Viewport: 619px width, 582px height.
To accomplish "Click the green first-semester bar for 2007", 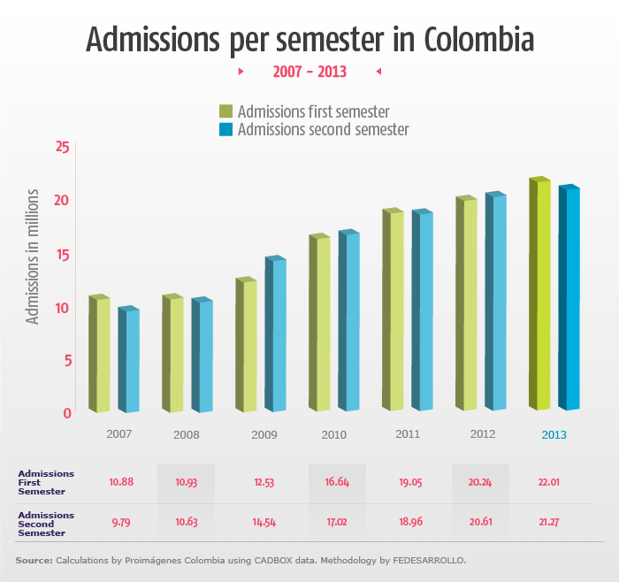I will pos(100,354).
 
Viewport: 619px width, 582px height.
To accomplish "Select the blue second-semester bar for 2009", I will pos(275,335).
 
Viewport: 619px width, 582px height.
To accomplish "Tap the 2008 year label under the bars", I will pos(187,435).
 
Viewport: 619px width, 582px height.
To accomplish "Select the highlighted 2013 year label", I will pos(554,435).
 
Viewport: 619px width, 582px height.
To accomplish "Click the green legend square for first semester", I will pos(226,111).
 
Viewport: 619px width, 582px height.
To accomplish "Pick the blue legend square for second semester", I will pos(226,130).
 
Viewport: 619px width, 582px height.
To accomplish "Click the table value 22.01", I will pos(548,483).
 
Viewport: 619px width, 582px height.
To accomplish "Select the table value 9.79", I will pos(121,522).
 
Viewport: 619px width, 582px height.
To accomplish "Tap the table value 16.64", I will pos(336,483).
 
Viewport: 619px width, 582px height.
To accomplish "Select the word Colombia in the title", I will pos(478,40).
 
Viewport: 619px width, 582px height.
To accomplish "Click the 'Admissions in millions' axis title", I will pos(33,256).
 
